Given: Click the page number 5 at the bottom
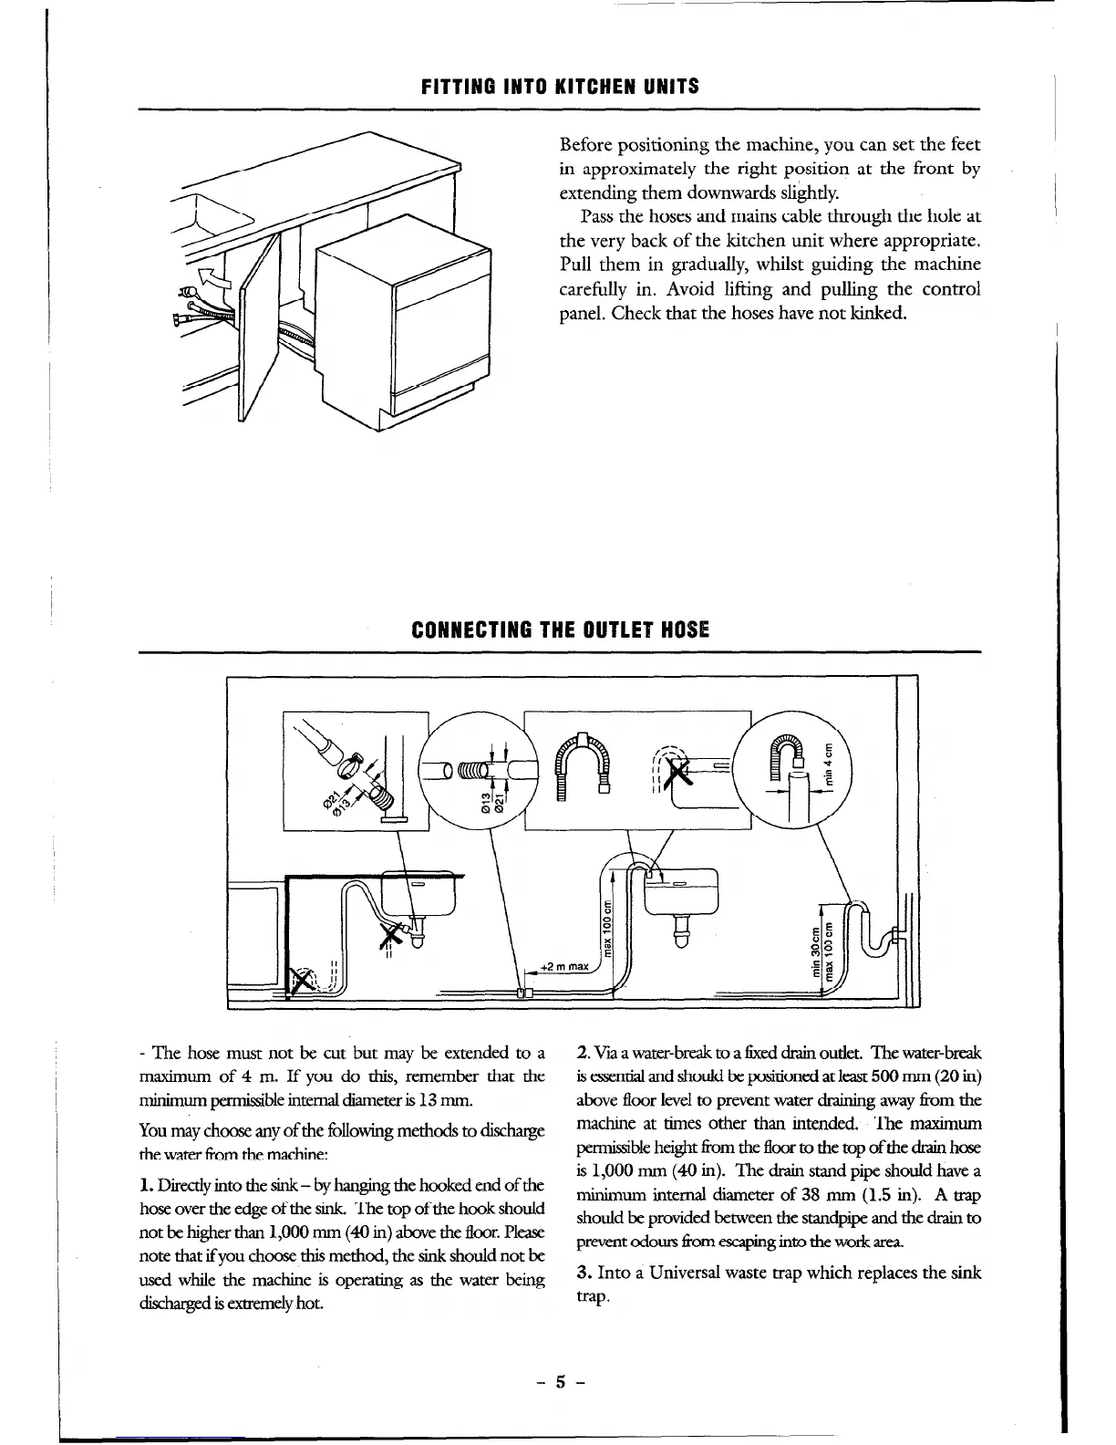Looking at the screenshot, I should point(558,1381).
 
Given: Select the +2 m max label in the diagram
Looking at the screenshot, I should point(565,966).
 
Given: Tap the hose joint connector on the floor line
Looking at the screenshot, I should point(523,993).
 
